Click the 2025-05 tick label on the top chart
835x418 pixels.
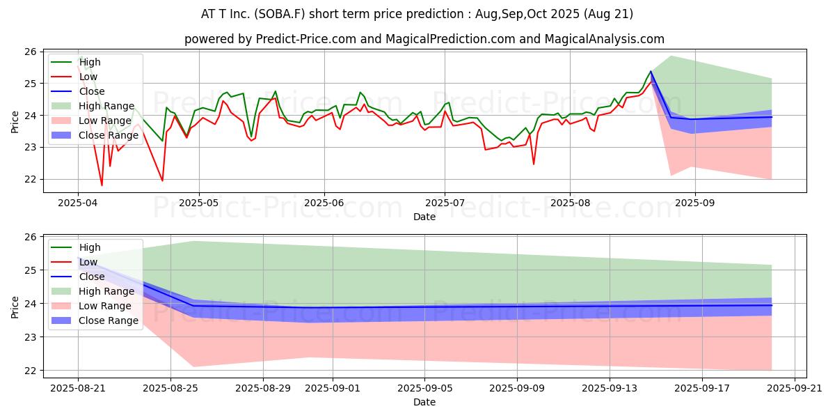199,203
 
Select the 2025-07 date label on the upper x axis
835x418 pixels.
445,203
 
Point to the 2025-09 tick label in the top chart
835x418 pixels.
695,203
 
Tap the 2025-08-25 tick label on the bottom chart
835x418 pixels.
170,388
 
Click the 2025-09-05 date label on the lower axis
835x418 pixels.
425,388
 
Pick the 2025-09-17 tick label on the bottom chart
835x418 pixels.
702,388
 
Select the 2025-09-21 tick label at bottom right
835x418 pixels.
795,388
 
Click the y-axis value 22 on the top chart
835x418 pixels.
31,180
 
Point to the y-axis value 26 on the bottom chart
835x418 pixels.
31,237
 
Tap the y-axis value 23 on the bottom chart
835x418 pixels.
31,337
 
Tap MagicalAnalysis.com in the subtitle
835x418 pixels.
604,39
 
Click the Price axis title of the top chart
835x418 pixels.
15,122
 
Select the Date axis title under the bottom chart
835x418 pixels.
424,402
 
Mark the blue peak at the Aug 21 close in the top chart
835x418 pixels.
651,71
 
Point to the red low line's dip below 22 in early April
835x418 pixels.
102,185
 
